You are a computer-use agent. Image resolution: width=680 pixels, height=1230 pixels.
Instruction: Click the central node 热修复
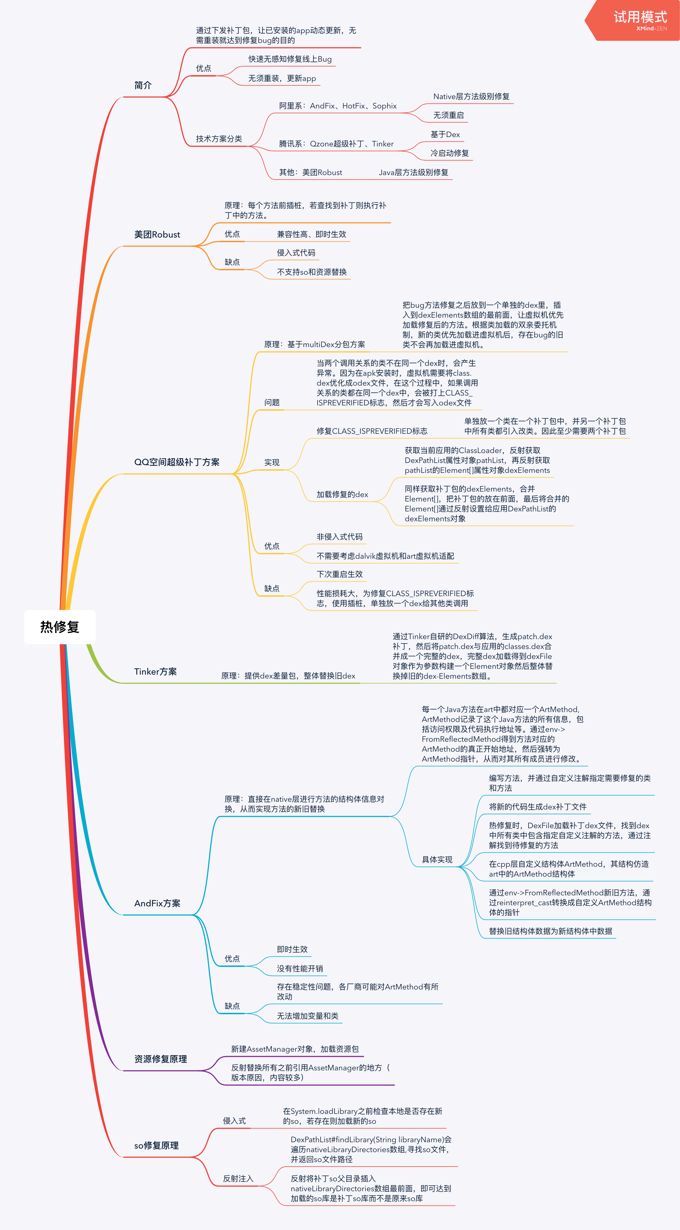coord(60,627)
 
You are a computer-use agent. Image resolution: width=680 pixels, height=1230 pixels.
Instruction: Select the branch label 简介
coord(143,86)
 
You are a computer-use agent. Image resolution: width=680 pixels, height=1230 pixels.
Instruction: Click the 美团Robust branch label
coord(157,234)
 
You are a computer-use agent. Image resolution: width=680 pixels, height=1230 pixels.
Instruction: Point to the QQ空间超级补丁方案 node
coord(177,462)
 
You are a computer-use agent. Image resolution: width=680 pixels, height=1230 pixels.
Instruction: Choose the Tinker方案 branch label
coord(155,672)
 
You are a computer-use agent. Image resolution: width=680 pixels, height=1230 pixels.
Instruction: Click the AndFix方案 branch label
coord(157,903)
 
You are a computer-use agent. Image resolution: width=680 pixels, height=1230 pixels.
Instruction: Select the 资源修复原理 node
coord(161,1059)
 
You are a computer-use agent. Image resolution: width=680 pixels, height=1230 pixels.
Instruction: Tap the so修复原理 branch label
coord(156,1146)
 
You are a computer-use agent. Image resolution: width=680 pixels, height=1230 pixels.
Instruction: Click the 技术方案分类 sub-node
coord(219,139)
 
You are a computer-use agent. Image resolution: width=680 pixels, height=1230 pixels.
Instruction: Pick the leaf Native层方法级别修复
coord(471,96)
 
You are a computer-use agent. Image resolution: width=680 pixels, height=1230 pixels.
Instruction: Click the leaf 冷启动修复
coord(450,153)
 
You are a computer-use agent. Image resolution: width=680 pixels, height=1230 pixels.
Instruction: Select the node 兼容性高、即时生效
coord(311,234)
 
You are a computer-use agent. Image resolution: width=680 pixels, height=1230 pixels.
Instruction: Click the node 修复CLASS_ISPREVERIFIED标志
coord(372,431)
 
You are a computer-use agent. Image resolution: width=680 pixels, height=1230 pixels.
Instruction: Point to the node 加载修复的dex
coord(342,495)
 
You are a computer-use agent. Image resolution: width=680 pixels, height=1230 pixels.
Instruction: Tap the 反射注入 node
coord(238,1179)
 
